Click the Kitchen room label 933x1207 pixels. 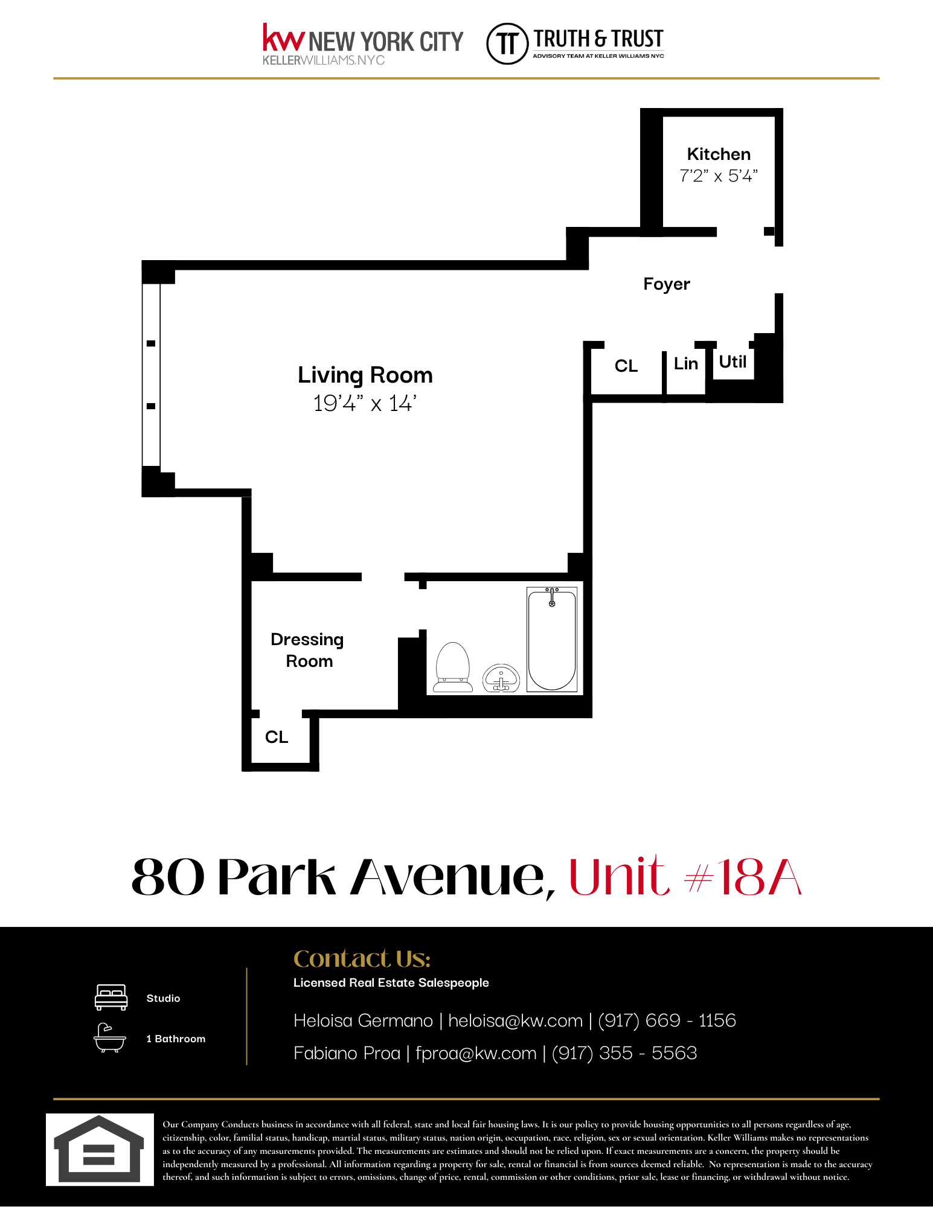(x=719, y=154)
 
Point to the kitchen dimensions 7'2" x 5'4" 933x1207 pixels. (x=719, y=176)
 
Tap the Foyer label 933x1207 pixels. (x=666, y=284)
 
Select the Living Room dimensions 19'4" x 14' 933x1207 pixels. (x=365, y=403)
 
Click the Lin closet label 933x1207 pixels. (x=685, y=364)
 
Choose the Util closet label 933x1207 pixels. (x=733, y=362)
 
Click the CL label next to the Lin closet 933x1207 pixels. (x=626, y=366)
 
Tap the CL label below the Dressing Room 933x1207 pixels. (x=277, y=737)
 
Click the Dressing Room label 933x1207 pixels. (x=307, y=650)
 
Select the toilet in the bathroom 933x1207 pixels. (x=453, y=667)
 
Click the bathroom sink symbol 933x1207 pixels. (x=501, y=678)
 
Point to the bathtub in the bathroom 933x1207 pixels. (x=552, y=640)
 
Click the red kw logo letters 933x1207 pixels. (x=283, y=38)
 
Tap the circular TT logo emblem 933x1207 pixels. (x=507, y=43)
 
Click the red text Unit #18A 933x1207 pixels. (x=685, y=877)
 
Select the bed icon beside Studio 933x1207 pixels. (x=111, y=998)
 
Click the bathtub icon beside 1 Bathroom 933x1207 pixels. (x=110, y=1038)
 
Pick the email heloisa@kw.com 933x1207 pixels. (x=515, y=1021)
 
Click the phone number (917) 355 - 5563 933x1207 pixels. (x=624, y=1053)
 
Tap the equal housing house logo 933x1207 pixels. (x=100, y=1149)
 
